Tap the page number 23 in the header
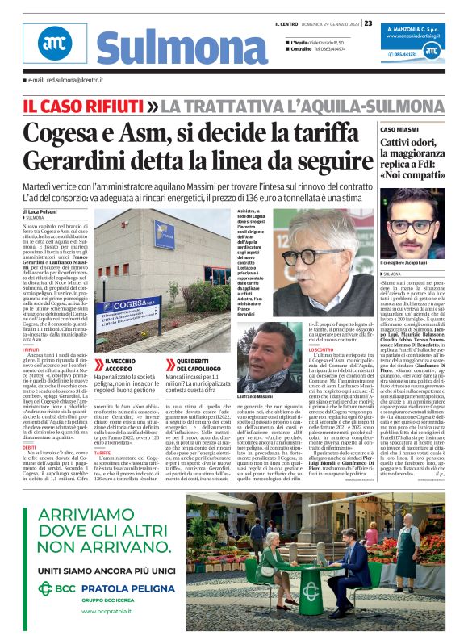coord(368,23)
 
